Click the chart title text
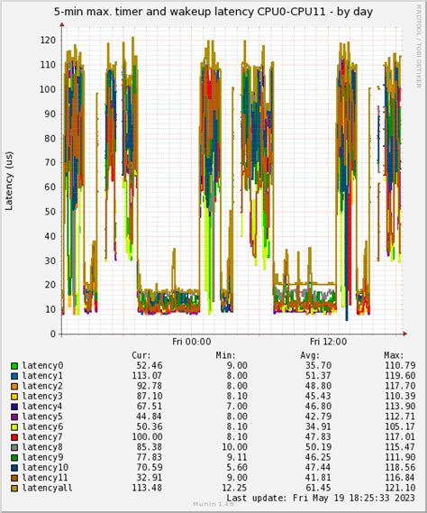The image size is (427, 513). point(213,13)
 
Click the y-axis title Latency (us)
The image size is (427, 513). point(10,180)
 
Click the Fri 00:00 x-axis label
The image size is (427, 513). point(191,343)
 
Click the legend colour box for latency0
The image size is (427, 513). point(14,366)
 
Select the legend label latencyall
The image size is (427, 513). point(48,488)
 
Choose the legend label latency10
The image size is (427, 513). point(45,467)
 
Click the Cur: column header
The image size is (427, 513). point(141,355)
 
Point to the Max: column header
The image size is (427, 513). point(394,355)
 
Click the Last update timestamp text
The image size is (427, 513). point(321,498)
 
